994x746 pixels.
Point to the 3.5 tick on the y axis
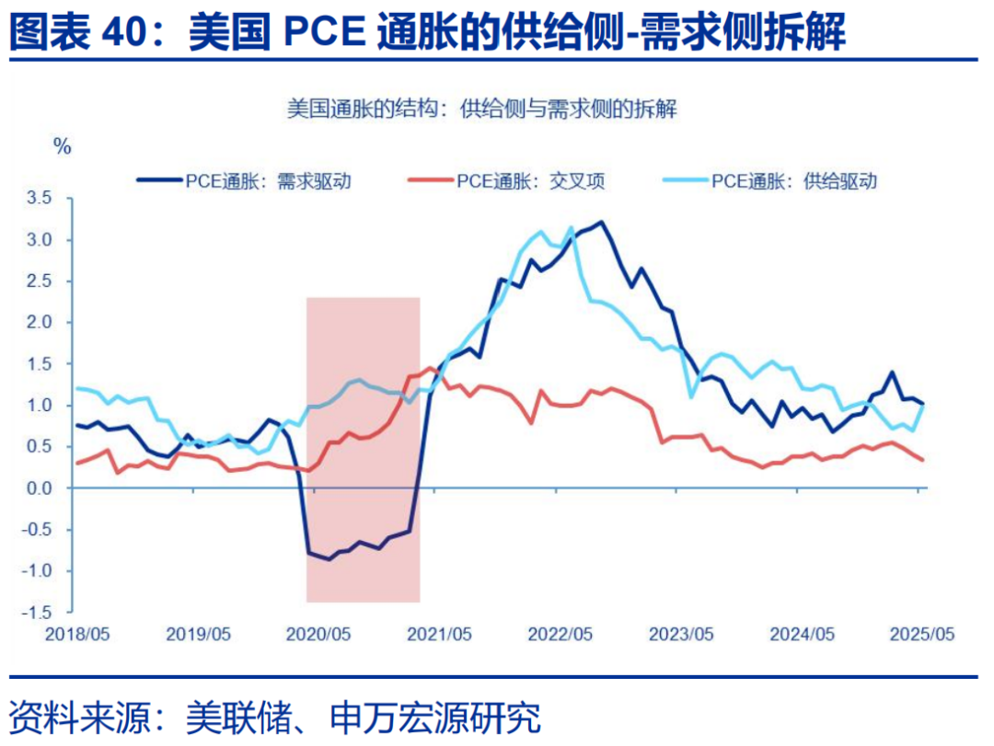(38, 198)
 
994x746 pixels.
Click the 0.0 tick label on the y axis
(38, 488)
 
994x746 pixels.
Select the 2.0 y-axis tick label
(38, 322)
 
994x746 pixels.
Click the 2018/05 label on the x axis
(75, 635)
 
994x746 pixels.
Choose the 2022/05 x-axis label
(559, 635)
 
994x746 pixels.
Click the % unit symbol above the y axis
(63, 146)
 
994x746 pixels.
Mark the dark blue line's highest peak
(602, 222)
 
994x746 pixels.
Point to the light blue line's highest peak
(571, 227)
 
